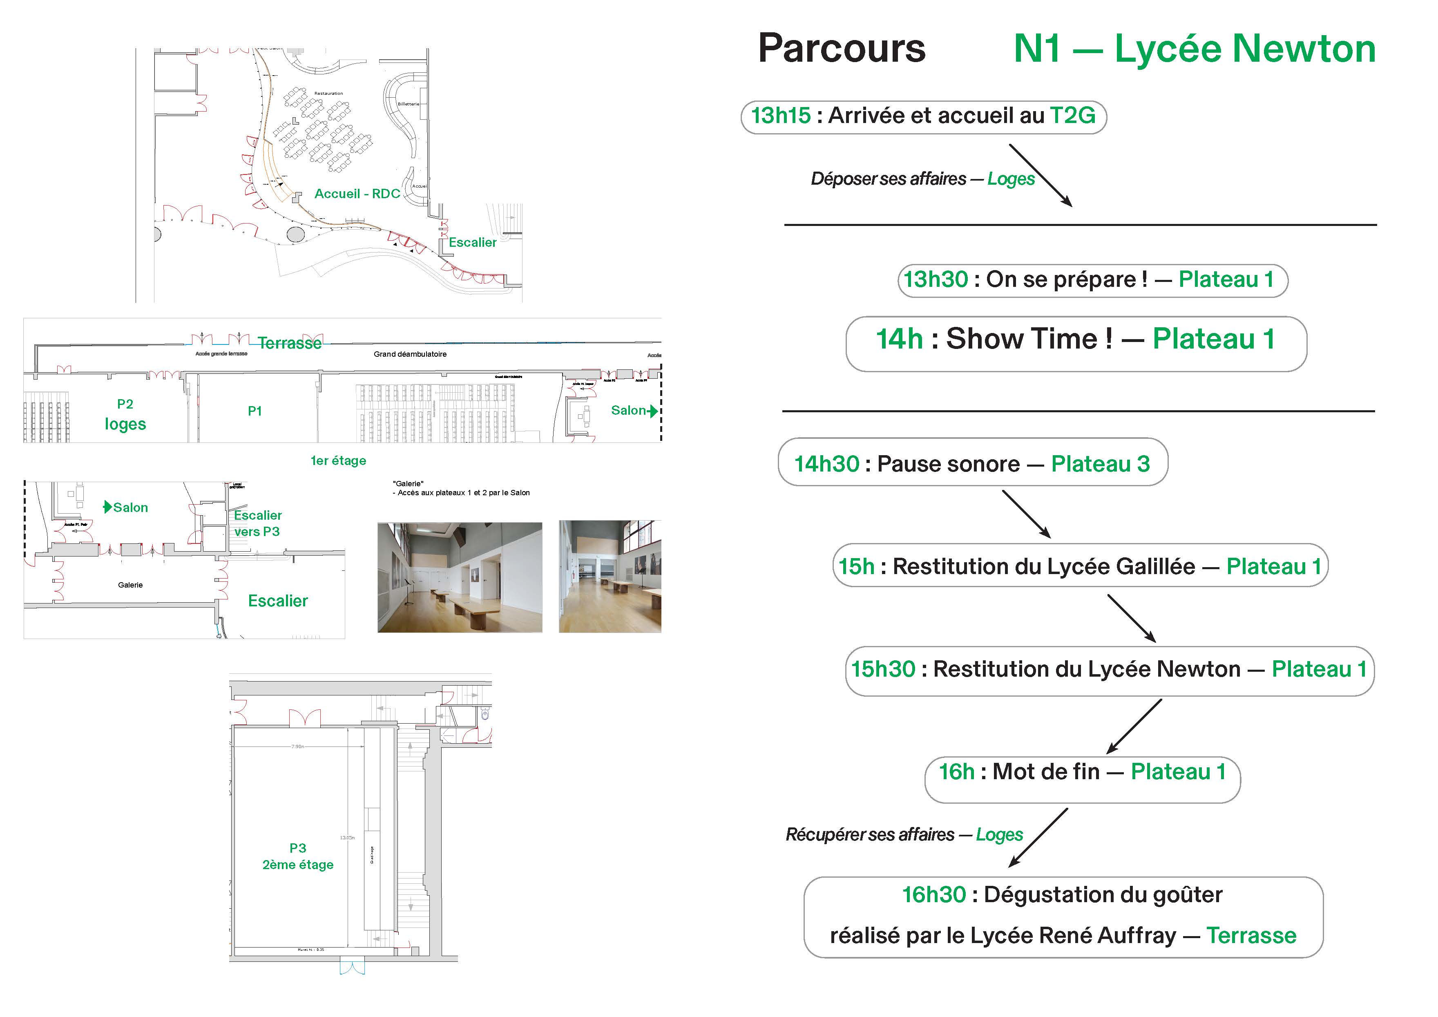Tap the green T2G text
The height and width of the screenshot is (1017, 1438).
pyautogui.click(x=1072, y=115)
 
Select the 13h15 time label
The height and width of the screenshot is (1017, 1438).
pyautogui.click(x=780, y=115)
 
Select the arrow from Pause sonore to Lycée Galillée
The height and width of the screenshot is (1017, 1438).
pyautogui.click(x=1026, y=514)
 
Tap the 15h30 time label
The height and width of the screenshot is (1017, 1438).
pyautogui.click(x=883, y=669)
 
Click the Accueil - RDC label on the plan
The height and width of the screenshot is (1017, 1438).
pyautogui.click(x=357, y=194)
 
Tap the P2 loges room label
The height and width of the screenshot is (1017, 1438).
pyautogui.click(x=125, y=415)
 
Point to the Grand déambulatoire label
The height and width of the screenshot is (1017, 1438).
pyautogui.click(x=410, y=354)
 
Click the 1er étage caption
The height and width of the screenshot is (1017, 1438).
pyautogui.click(x=338, y=461)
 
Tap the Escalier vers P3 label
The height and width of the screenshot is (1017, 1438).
pyautogui.click(x=257, y=523)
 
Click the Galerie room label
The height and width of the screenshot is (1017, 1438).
pyautogui.click(x=130, y=585)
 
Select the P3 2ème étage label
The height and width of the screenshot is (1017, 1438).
pyautogui.click(x=297, y=856)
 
